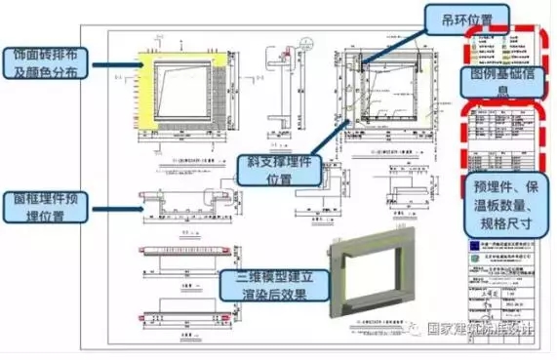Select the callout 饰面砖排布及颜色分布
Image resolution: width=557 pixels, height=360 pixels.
[x=48, y=61]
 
